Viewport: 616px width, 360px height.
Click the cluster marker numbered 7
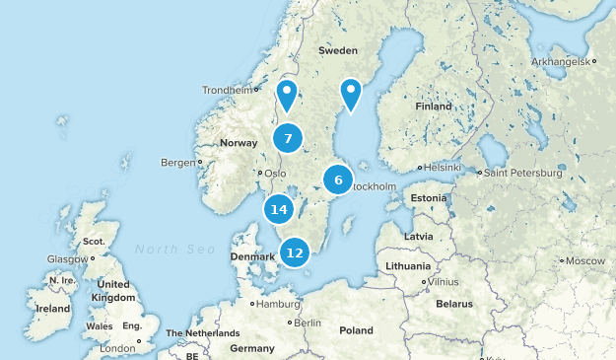tap(288, 139)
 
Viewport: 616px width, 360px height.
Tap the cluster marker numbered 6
tap(338, 180)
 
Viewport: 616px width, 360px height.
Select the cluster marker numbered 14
tap(279, 209)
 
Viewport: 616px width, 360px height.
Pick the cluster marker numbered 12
tap(294, 252)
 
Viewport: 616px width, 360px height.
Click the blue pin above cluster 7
tap(287, 96)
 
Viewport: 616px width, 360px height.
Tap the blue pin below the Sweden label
tap(351, 94)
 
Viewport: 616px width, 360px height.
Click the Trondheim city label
tap(228, 90)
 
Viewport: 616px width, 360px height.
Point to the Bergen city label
tap(177, 162)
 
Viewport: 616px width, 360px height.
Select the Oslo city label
tap(274, 174)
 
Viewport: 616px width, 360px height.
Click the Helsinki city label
tap(442, 168)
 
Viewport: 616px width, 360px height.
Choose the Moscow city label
tap(585, 260)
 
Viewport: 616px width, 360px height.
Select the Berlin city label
tap(308, 323)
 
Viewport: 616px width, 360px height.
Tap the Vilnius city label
tap(444, 281)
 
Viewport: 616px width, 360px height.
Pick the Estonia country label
tap(429, 198)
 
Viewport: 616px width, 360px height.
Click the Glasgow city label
tap(66, 259)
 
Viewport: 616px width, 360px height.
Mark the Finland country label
tap(434, 107)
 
